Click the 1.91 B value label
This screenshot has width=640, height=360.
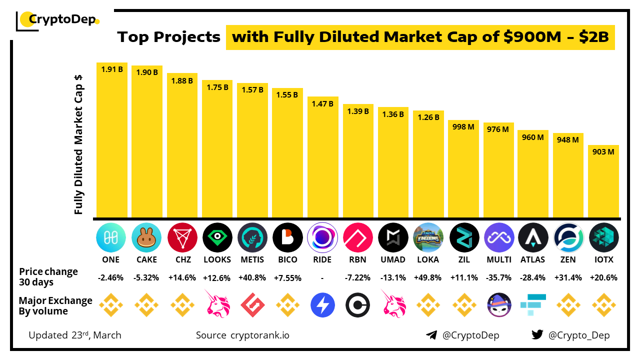click(x=112, y=69)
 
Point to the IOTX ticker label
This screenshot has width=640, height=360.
click(x=603, y=259)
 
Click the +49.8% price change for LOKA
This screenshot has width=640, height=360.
click(x=428, y=277)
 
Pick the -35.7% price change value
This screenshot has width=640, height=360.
click(x=498, y=277)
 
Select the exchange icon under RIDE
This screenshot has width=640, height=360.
click(x=323, y=305)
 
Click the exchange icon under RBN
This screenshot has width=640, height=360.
click(x=358, y=305)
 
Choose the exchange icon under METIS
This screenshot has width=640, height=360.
click(x=252, y=305)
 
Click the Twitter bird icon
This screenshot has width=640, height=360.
click(x=537, y=335)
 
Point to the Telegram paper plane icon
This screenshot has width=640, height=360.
click(x=431, y=335)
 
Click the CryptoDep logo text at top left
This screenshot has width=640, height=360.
click(x=61, y=20)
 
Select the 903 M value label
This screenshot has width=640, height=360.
click(x=603, y=152)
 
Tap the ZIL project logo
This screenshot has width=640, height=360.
click(x=463, y=237)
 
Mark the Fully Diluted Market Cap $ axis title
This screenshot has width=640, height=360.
click(x=78, y=145)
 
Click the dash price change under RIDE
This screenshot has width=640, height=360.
click(x=323, y=277)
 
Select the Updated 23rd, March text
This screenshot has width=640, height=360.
click(x=75, y=335)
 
